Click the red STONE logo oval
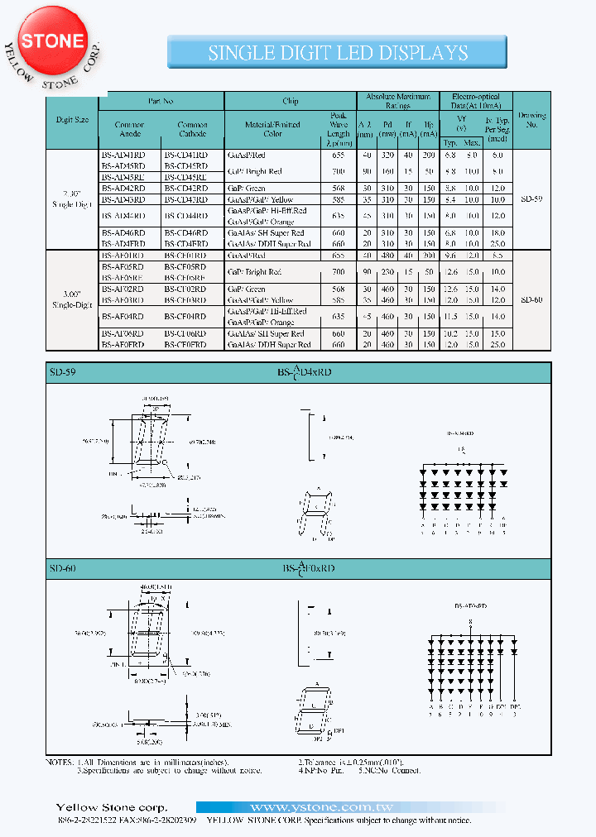[x=52, y=42]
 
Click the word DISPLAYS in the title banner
[x=425, y=53]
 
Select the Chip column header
[x=291, y=101]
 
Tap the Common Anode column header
[x=129, y=129]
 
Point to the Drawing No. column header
[x=531, y=120]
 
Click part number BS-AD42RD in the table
[x=123, y=188]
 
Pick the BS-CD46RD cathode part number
[x=186, y=233]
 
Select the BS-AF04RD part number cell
[x=123, y=317]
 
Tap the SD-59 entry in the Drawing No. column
[x=531, y=199]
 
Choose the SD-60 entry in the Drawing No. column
[x=531, y=300]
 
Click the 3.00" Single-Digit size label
[x=71, y=299]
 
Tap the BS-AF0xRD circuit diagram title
[x=470, y=607]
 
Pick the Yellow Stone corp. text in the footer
[x=111, y=807]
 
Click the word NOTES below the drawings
[x=60, y=761]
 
